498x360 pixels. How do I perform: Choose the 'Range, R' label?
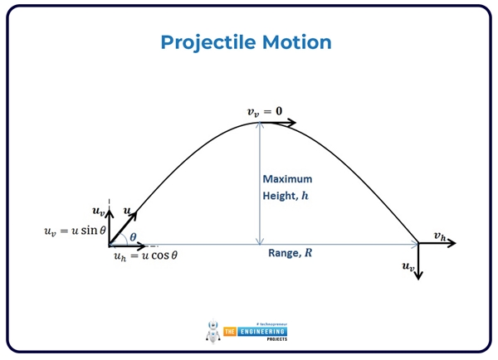coord(290,253)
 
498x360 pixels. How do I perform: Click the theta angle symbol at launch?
coord(132,236)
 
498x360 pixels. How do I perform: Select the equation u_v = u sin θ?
coord(76,231)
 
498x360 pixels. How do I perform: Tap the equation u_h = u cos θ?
coord(145,256)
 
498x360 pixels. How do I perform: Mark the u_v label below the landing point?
coord(407,267)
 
